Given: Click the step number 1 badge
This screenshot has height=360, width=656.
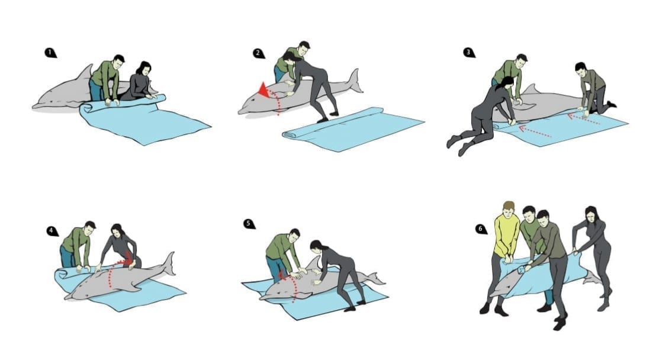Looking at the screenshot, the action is pyautogui.click(x=50, y=53).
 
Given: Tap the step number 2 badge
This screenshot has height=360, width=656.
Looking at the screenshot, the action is pyautogui.click(x=259, y=53).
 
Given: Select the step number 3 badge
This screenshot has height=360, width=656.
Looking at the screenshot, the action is pyautogui.click(x=469, y=53).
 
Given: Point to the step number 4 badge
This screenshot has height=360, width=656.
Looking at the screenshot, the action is pyautogui.click(x=52, y=231).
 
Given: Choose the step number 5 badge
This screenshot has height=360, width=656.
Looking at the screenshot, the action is pyautogui.click(x=249, y=224).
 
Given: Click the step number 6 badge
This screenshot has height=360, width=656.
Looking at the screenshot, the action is pyautogui.click(x=481, y=229).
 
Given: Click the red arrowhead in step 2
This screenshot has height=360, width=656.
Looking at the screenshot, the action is pyautogui.click(x=263, y=90).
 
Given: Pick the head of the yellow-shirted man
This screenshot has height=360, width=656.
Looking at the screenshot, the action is pyautogui.click(x=508, y=208).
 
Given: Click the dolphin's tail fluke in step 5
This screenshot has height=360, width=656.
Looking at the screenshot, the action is pyautogui.click(x=376, y=279).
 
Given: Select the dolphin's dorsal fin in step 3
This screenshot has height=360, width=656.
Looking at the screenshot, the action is pyautogui.click(x=530, y=89).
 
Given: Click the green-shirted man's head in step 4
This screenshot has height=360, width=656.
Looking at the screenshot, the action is pyautogui.click(x=89, y=229).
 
